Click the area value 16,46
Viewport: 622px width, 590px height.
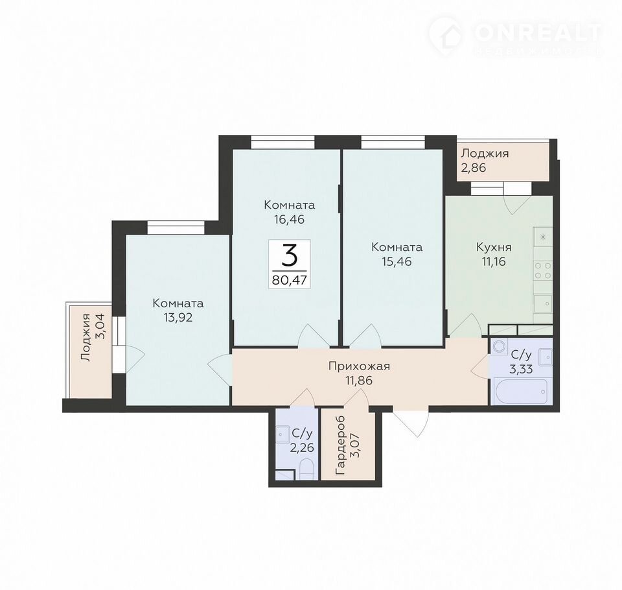pos(289,219)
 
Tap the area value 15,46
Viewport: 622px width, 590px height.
pos(397,261)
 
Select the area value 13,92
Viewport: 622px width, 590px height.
pos(178,317)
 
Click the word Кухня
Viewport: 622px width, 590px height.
pos(494,248)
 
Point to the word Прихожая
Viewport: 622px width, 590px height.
pos(359,366)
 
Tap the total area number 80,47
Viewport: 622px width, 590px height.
pos(289,280)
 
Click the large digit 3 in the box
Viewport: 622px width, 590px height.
pos(290,255)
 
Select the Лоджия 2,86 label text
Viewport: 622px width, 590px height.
pos(485,160)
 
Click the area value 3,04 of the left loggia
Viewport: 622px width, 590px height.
pos(101,325)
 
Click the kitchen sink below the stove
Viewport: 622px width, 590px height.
pos(543,303)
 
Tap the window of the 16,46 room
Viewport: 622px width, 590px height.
pos(283,141)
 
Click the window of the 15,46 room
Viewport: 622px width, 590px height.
pos(393,141)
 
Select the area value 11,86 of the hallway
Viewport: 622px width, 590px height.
pos(359,380)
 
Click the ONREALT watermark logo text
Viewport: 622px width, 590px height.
pos(538,33)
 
